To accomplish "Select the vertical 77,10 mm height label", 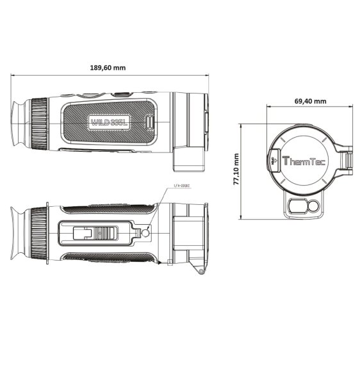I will tap(236, 169).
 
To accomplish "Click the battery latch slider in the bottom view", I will tap(96, 234).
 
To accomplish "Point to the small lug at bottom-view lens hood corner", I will tap(200, 272).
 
